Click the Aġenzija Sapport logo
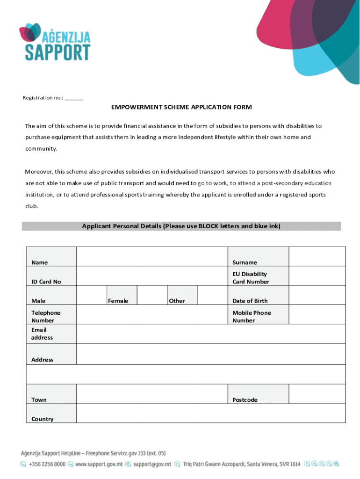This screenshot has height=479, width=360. pos(55,42)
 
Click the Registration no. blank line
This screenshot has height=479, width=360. pos(74,98)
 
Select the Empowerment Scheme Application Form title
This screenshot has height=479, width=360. pos(181,107)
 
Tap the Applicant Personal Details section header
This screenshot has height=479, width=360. pos(181,226)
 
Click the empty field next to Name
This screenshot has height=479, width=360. pos(152,256)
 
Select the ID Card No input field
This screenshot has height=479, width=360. pos(152,276)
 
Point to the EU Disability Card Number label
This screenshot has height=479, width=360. pos(251,278)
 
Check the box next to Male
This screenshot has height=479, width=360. pos(92,295)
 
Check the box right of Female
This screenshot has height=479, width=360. pos(152,295)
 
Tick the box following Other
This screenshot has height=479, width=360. pos(212,295)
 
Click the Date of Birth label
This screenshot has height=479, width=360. pos(250,301)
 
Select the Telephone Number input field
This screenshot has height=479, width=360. pos(152,315)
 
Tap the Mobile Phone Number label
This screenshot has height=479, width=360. pos(252,317)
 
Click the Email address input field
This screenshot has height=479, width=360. pos(210,334)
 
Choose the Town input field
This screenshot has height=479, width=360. pos(152,394)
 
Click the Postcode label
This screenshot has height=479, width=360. pos(245,400)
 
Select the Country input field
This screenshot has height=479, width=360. pos(210,413)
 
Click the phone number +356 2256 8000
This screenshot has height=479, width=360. pos(47,464)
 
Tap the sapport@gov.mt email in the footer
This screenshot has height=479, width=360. pos(152,464)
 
